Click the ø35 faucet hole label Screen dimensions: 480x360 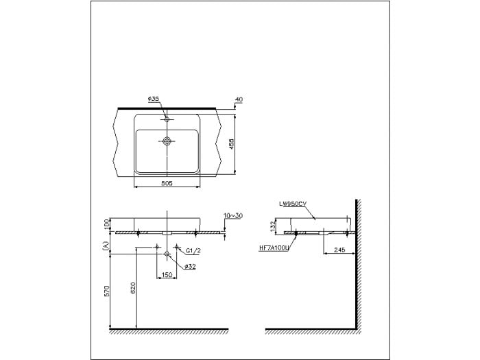[153, 99]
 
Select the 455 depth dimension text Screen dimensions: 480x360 [232, 144]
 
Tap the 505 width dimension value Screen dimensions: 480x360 [167, 183]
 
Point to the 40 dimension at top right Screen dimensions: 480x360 [239, 99]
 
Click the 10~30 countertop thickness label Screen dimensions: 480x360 [233, 215]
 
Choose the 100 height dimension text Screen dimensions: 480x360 [106, 224]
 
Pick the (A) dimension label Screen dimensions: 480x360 [106, 245]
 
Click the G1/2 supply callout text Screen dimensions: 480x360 [193, 251]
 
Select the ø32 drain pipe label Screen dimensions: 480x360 [190, 267]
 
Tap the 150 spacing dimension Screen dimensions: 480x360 [167, 274]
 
